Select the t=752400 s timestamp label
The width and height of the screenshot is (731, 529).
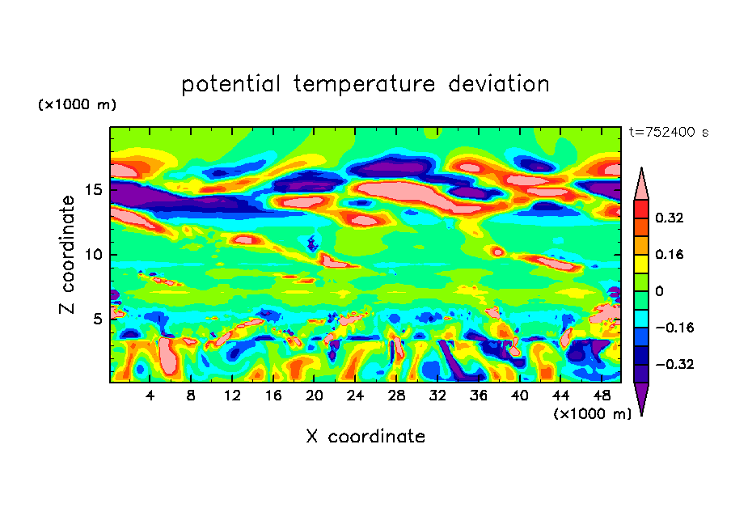pos(668,133)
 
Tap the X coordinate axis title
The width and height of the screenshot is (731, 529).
pos(365,437)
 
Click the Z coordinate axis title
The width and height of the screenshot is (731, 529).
pos(68,254)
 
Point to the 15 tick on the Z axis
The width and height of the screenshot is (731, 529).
pos(95,190)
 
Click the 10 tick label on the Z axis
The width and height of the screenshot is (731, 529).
pos(95,255)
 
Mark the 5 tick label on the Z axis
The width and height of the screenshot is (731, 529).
pos(99,319)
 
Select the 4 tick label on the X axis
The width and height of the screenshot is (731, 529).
pos(150,396)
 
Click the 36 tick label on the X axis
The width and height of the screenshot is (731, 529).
pos(478,396)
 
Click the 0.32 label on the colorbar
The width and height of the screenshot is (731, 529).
pos(670,218)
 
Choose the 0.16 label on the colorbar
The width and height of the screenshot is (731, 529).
pos(670,254)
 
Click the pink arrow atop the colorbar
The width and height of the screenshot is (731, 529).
pos(641,184)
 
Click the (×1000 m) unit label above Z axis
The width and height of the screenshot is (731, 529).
pos(78,105)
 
